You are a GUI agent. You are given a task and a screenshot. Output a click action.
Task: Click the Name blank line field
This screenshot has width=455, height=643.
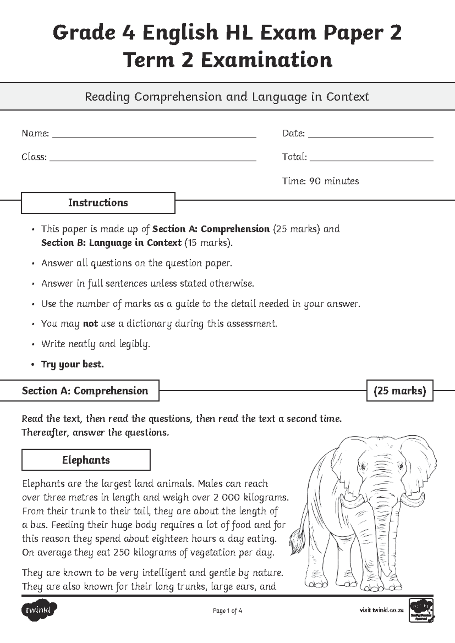[x=154, y=136]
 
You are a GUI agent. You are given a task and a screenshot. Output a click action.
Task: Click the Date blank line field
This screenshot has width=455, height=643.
[x=370, y=136]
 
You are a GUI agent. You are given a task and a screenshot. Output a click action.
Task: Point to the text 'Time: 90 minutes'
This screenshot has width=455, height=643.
[x=320, y=181]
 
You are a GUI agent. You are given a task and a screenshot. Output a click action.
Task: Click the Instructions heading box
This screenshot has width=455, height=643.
[x=98, y=203]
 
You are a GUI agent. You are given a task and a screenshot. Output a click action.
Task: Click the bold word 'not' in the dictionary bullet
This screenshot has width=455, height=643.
[x=90, y=324]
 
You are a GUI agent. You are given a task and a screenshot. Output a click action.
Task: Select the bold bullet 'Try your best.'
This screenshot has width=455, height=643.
[x=72, y=364]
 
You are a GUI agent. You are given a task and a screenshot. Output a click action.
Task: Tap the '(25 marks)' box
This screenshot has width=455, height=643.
[x=400, y=391]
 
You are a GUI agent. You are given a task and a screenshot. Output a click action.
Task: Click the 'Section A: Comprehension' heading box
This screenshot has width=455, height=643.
[x=85, y=391]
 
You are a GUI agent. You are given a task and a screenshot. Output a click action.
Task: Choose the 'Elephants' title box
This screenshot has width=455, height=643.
[x=86, y=460]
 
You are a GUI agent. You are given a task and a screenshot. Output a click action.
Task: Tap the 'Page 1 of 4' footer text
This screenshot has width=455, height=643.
[x=227, y=611]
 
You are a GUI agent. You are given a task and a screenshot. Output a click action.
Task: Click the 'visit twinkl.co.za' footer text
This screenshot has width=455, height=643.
[x=381, y=610]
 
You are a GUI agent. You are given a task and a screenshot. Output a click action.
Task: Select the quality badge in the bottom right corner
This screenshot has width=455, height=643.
[x=421, y=610]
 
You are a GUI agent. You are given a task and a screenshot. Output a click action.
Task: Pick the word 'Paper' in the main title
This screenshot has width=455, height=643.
[x=349, y=33]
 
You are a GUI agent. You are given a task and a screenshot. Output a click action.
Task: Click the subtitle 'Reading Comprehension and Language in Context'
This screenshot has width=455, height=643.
[x=227, y=97]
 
